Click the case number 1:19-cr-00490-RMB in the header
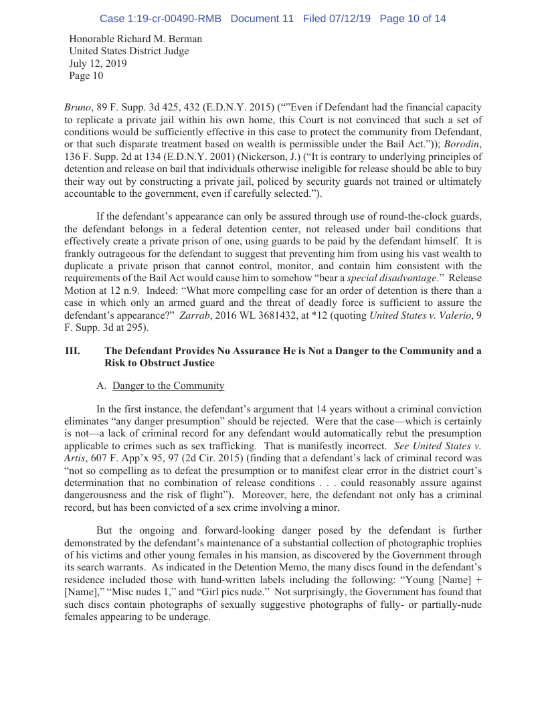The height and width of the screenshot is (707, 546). coord(160,19)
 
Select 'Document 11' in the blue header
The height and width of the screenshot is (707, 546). coord(262,19)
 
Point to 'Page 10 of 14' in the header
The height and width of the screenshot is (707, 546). coord(412,19)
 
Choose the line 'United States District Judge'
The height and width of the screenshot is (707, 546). coord(129,51)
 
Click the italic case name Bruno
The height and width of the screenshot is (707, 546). coord(78,107)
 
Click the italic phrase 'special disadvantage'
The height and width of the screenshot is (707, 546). coord(398,277)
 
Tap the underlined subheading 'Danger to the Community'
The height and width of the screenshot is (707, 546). coord(168,386)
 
